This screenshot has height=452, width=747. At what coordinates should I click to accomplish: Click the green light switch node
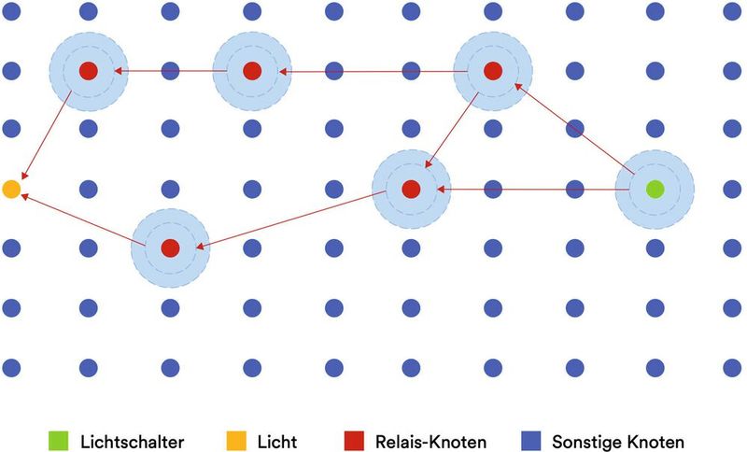pyautogui.click(x=655, y=190)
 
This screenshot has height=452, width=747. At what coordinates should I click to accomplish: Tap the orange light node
pyautogui.click(x=11, y=190)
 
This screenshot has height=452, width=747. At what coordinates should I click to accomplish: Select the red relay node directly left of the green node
pyautogui.click(x=411, y=190)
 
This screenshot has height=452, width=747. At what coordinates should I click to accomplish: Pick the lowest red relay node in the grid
pyautogui.click(x=170, y=248)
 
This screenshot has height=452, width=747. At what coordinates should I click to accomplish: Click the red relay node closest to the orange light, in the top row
pyautogui.click(x=88, y=71)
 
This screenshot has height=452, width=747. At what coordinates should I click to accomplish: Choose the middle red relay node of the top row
pyautogui.click(x=252, y=71)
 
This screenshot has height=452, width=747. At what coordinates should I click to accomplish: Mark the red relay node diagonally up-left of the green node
pyautogui.click(x=493, y=71)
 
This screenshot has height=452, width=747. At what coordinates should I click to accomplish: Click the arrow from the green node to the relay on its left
pyautogui.click(x=532, y=190)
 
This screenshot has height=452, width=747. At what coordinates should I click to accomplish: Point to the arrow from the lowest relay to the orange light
pyautogui.click(x=84, y=221)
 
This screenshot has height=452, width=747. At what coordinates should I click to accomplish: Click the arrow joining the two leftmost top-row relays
pyautogui.click(x=168, y=71)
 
